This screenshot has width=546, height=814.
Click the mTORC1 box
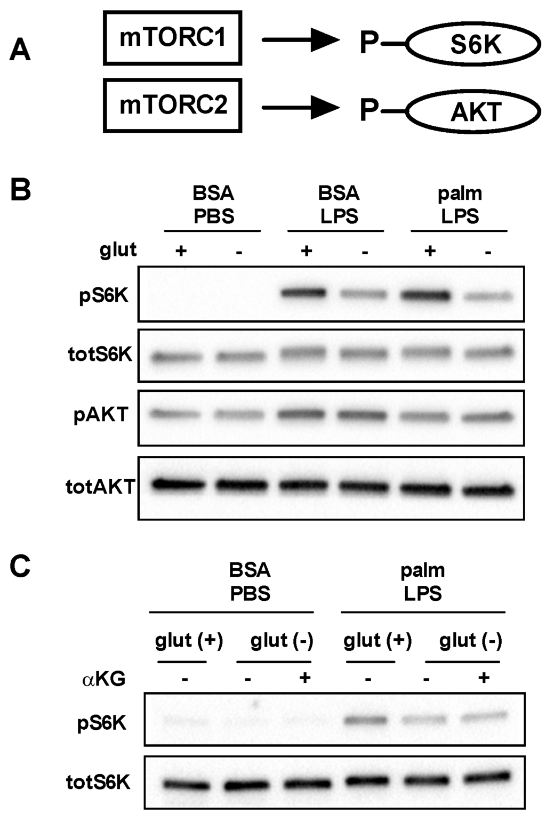[x=172, y=38]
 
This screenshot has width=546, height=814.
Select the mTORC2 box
[x=172, y=105]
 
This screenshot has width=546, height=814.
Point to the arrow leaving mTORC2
[x=300, y=108]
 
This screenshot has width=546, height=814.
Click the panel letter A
[x=20, y=51]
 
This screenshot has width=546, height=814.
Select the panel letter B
[x=20, y=189]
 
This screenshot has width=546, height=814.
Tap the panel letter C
[x=20, y=567]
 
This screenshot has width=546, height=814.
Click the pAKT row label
[x=101, y=414]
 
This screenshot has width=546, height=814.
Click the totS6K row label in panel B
[x=100, y=354]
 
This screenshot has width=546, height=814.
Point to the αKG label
[x=104, y=679]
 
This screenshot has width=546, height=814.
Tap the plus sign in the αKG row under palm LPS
[x=484, y=678]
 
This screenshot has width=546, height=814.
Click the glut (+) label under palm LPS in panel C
[x=378, y=640]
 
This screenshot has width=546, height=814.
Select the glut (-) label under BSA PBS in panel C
[x=282, y=640]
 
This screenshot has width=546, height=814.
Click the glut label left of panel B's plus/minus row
[x=118, y=249]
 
